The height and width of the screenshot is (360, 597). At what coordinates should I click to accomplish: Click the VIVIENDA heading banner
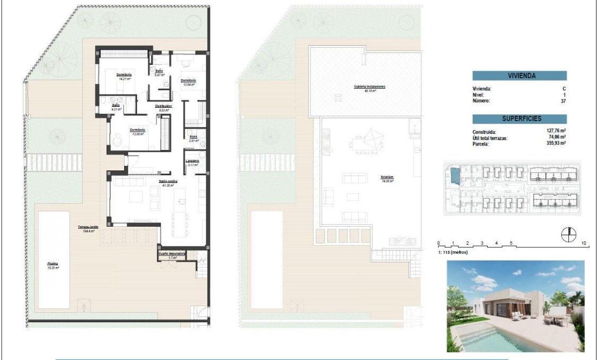[x=520, y=76]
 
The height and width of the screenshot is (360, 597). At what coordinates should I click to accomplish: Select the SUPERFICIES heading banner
[x=520, y=119]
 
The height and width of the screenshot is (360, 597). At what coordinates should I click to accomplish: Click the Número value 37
[x=563, y=100]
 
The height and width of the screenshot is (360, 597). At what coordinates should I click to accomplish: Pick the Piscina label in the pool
[x=52, y=264]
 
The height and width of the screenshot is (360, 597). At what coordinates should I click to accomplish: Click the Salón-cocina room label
[x=168, y=181]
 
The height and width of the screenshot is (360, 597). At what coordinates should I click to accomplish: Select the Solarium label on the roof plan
[x=386, y=177]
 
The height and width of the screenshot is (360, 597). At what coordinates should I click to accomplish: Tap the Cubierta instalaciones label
[x=369, y=87]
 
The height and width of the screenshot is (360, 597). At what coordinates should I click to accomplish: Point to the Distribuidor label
[x=163, y=106]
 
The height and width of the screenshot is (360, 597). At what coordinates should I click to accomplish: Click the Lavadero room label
[x=192, y=161]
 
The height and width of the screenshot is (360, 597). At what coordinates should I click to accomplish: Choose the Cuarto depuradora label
[x=172, y=254]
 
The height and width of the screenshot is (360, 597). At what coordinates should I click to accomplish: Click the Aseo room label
[x=194, y=136]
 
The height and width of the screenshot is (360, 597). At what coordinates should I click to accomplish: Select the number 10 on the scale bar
[x=584, y=243]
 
